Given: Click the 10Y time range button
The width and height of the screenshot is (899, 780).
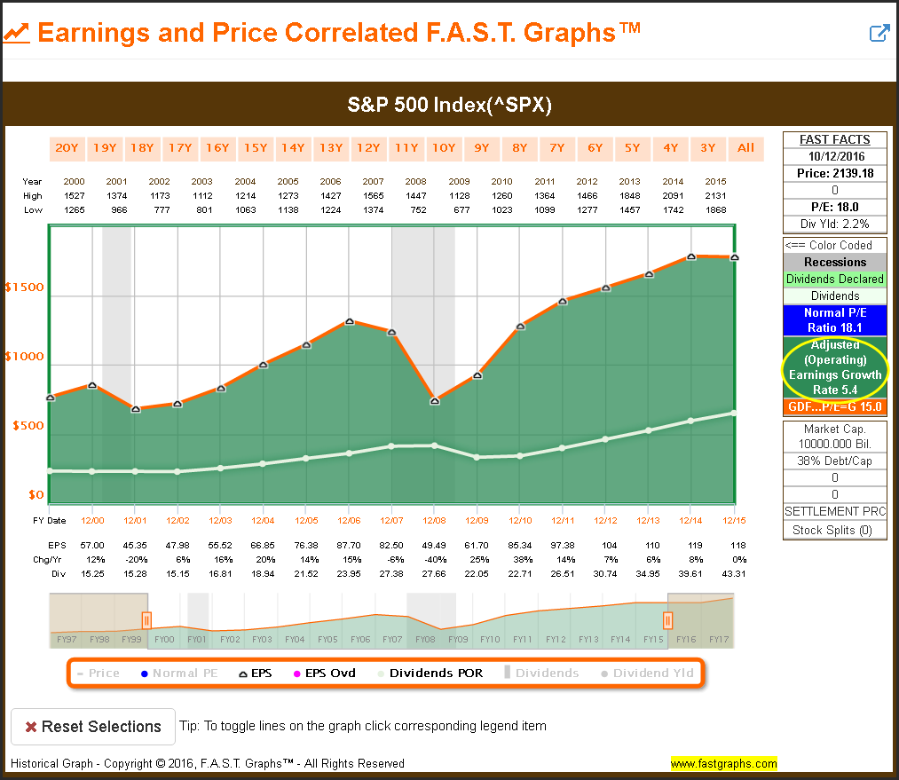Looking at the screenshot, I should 442,147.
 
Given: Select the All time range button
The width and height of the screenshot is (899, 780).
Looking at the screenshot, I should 745,147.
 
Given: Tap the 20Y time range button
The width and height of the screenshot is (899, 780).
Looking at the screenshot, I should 67,147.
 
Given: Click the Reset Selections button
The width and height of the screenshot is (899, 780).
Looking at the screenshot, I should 92,727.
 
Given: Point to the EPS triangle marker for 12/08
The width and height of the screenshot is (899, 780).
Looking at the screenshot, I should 435,401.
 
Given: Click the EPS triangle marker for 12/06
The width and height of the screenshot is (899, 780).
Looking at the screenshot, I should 350,321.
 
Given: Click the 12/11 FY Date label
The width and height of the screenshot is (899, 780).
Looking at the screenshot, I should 563,520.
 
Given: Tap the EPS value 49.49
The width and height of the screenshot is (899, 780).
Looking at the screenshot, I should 435,544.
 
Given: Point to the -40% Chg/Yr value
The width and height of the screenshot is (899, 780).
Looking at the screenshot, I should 435,559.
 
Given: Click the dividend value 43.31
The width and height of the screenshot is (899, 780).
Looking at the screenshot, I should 733,574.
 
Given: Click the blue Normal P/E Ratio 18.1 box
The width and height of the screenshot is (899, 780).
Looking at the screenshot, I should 834,319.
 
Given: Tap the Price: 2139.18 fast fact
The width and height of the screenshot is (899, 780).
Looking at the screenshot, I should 834,173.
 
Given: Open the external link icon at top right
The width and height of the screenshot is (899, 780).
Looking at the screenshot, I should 879,34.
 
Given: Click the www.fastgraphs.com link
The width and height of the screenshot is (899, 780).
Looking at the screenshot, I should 723,763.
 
